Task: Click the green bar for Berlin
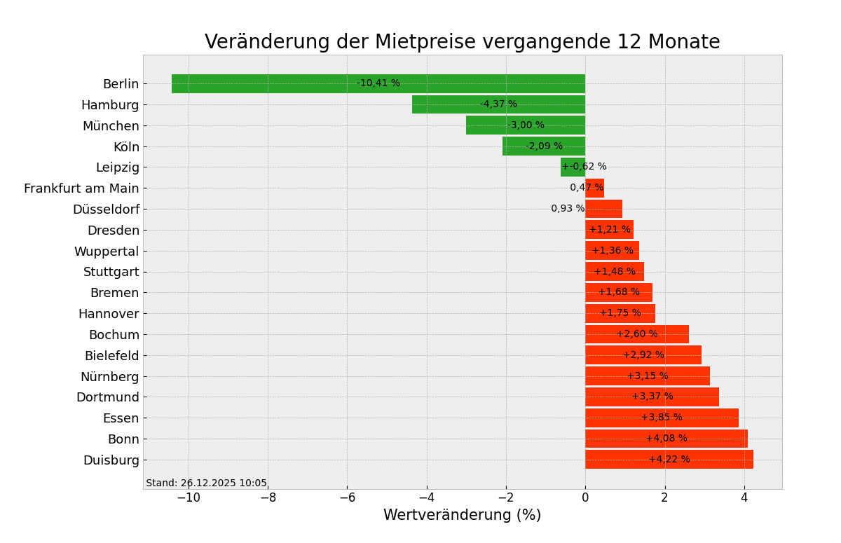[280, 84]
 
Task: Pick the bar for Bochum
[603, 334]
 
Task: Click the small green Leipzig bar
[571, 167]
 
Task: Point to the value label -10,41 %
[378, 83]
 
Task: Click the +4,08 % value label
[666, 439]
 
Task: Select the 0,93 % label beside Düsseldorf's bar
[568, 209]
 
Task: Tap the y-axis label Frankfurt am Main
[81, 188]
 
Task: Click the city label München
[111, 126]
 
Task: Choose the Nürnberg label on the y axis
[109, 377]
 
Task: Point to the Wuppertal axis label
[107, 252]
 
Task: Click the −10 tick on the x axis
[188, 498]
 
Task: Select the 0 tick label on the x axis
[585, 498]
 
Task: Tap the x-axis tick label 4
[744, 498]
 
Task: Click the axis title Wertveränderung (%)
[462, 516]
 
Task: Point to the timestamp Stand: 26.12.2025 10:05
[206, 483]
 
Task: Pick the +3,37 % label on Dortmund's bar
[652, 397]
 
